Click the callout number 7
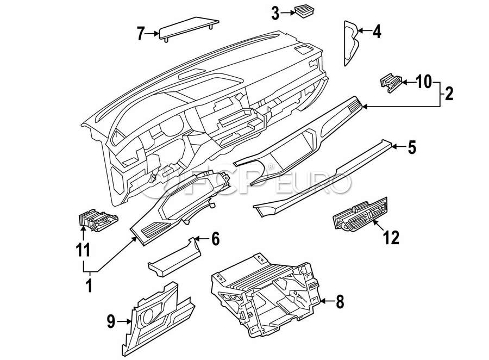pos(141,34)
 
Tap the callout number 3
pos(275,14)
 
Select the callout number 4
pos(377,32)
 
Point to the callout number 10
pos(424,82)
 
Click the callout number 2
pos(449,94)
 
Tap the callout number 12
pos(391,238)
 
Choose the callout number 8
pos(340,302)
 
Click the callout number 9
pos(111,321)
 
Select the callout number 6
pos(216,239)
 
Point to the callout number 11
pos(83,250)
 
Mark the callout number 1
pos(90,285)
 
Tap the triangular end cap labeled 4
pos(351,43)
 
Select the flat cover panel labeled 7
pos(189,28)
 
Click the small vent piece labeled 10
pos(391,83)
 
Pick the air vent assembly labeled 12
pos(360,214)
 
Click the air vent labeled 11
pos(97,220)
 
